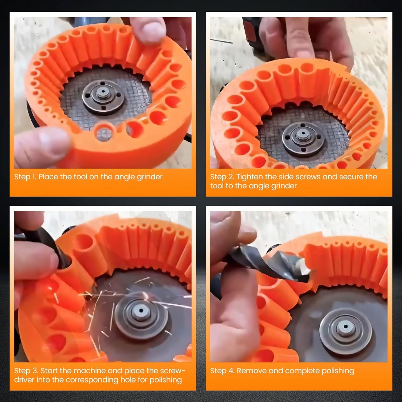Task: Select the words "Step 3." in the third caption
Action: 26,371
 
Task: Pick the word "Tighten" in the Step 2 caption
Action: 250,177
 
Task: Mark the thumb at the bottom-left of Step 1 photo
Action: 42,145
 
